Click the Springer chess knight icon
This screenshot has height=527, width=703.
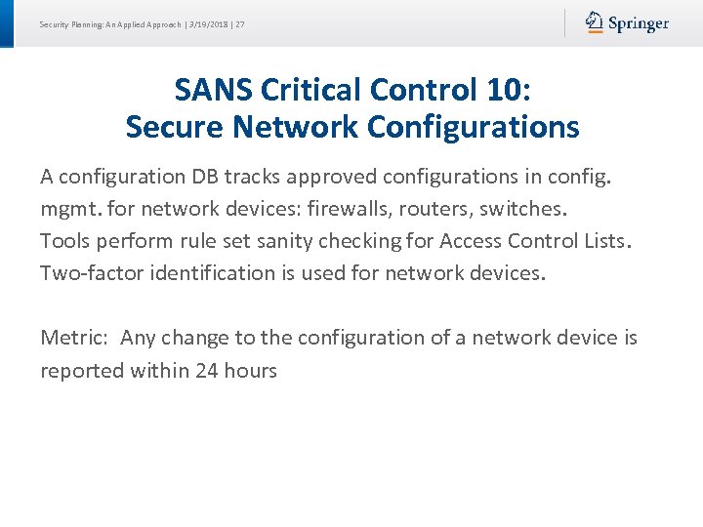[595, 22]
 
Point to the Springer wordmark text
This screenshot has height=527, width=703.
[639, 23]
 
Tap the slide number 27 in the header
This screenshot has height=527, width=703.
[240, 23]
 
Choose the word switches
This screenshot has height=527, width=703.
[522, 209]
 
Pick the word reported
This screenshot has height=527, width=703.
[81, 371]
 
